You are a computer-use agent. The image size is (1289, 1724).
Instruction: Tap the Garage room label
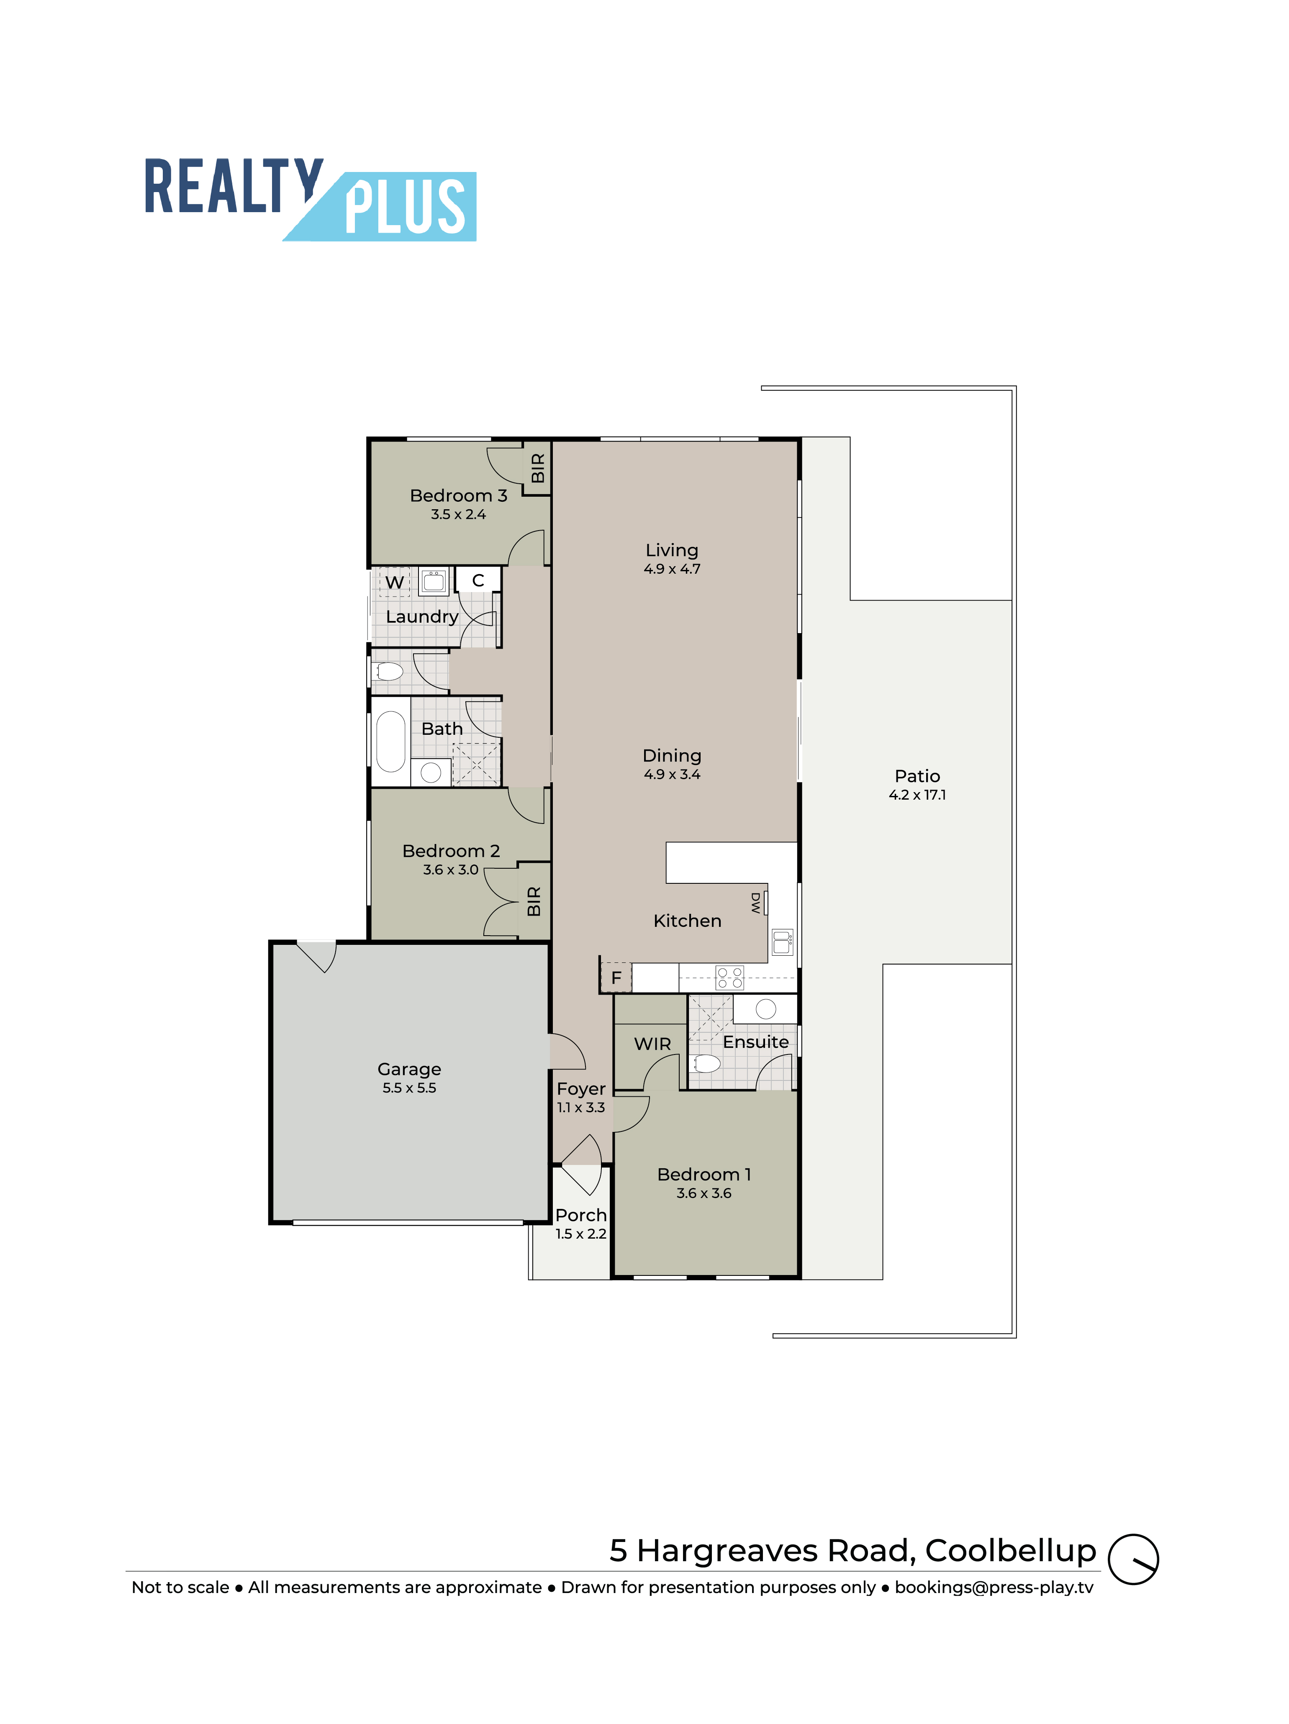tap(409, 1069)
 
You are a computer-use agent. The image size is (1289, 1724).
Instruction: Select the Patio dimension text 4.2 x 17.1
tap(917, 795)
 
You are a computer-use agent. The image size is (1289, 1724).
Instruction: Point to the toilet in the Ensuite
tap(707, 1063)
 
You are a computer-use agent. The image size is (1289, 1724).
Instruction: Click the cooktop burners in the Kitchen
tap(729, 977)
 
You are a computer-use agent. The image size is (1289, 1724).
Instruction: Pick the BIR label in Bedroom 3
tap(538, 468)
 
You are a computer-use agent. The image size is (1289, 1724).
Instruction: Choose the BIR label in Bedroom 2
tap(534, 901)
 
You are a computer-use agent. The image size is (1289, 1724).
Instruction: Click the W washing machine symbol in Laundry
tap(394, 582)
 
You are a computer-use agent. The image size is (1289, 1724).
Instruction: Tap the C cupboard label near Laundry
tap(478, 581)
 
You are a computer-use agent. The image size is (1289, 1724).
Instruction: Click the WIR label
tap(652, 1044)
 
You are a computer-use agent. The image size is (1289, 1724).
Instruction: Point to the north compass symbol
tap(1133, 1559)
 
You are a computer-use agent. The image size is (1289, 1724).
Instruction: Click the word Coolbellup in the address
tap(1011, 1552)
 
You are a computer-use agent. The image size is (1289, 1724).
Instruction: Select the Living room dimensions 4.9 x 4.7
tap(672, 569)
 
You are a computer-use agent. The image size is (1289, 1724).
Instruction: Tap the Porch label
tap(580, 1215)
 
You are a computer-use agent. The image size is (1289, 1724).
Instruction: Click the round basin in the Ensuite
tap(765, 1008)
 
